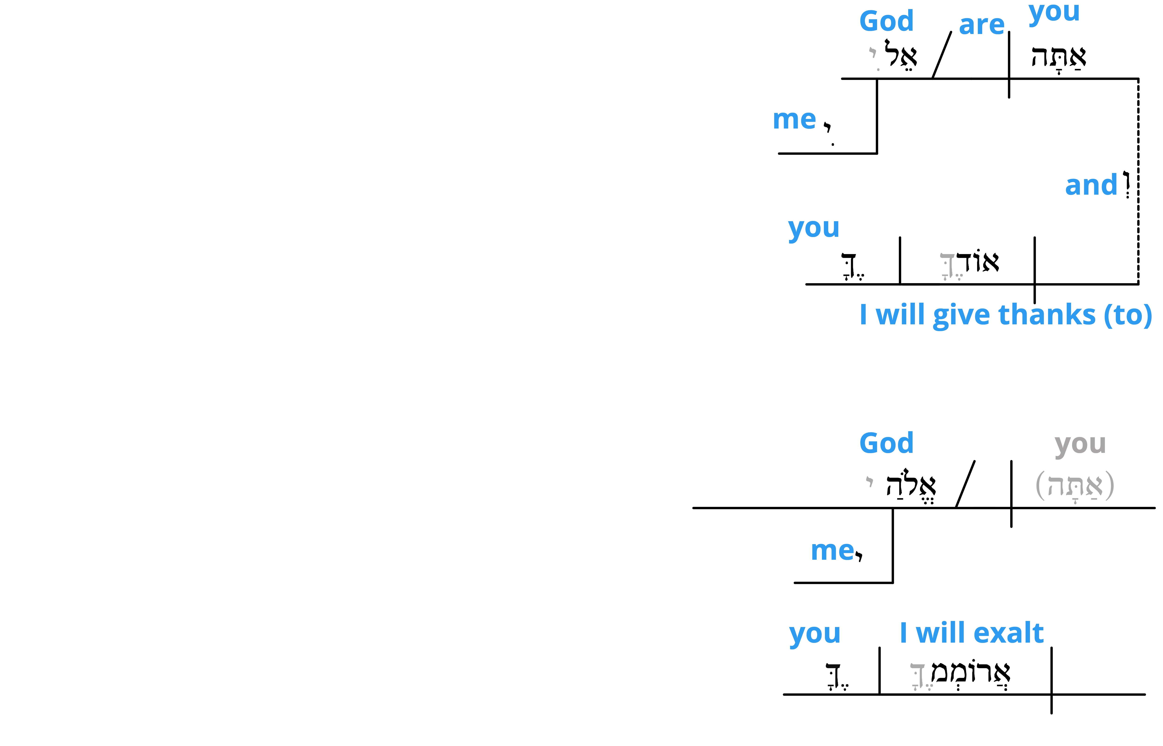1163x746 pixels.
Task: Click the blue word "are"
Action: click(982, 25)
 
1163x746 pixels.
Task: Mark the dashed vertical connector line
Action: click(1138, 181)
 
